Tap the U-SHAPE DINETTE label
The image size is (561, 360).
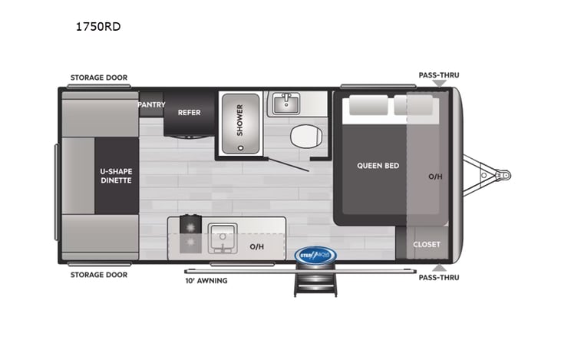pos(117,175)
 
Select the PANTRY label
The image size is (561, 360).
pos(151,104)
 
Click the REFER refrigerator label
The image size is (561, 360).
pos(189,113)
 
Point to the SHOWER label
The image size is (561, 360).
pos(239,120)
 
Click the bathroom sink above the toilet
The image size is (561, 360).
pos(286,103)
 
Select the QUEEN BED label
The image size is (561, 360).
pos(378,165)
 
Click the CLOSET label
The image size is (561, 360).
pos(427,244)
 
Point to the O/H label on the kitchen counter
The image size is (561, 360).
pos(258,246)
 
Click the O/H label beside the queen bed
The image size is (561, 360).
pos(434,177)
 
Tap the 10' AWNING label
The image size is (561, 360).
pos(205,280)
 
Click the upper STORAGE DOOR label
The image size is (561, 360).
pos(99,78)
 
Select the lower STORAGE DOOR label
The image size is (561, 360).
pos(99,274)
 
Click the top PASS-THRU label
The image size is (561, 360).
pos(438,75)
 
